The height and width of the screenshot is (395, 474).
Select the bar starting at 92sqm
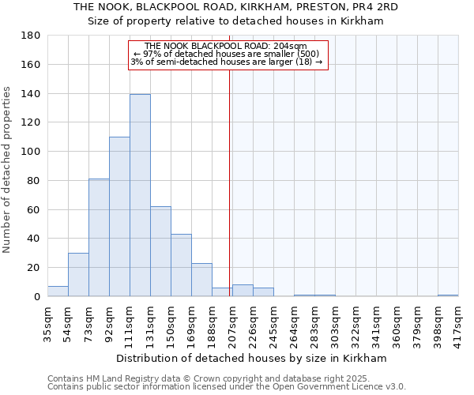click(x=119, y=216)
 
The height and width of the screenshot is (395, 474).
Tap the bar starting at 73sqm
click(x=99, y=237)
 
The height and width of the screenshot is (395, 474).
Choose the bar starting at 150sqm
click(x=181, y=265)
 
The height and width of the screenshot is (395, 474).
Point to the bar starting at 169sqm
click(x=201, y=280)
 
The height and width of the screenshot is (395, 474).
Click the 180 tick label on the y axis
click(x=32, y=36)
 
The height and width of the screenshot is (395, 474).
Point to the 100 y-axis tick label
click(x=32, y=152)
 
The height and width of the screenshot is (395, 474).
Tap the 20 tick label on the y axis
click(x=35, y=268)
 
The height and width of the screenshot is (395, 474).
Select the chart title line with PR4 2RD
click(x=235, y=6)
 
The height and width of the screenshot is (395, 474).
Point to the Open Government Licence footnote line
click(x=226, y=386)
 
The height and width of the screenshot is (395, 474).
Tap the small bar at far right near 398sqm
click(x=448, y=295)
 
